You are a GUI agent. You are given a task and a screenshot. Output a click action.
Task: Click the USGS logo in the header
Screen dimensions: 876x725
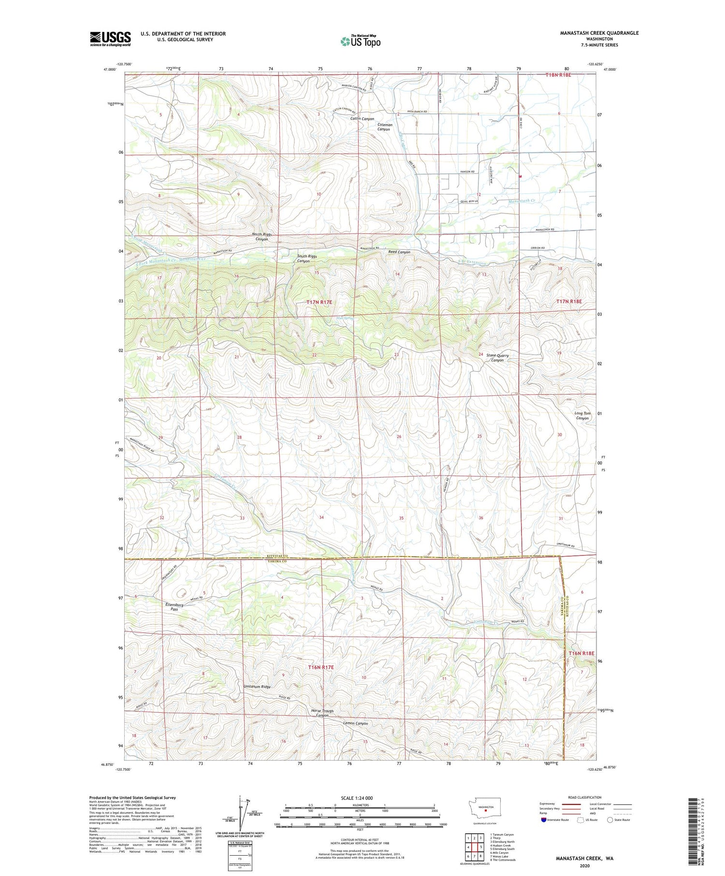click(x=110, y=39)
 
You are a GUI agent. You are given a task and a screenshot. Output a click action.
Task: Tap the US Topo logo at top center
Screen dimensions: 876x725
click(x=360, y=42)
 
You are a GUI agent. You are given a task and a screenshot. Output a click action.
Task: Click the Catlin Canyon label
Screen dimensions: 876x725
click(x=362, y=119)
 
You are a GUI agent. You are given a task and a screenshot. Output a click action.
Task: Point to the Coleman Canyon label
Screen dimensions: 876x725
click(x=384, y=127)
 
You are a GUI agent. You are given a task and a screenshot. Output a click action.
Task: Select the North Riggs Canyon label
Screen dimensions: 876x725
click(x=261, y=237)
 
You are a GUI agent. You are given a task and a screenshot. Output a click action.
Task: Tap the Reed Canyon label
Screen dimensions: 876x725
click(x=399, y=252)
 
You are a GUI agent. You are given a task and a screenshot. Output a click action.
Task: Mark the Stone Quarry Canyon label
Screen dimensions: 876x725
click(x=497, y=358)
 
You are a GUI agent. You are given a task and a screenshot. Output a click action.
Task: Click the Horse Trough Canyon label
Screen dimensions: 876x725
click(x=322, y=713)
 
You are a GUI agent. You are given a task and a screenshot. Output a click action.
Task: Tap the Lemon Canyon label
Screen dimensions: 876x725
click(x=355, y=723)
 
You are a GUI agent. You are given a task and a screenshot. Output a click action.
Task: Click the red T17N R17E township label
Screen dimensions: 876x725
click(x=319, y=302)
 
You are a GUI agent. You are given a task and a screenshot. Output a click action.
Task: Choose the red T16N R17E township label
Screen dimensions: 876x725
click(x=321, y=667)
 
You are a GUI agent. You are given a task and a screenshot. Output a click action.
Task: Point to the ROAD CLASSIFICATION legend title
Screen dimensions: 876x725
click(x=585, y=798)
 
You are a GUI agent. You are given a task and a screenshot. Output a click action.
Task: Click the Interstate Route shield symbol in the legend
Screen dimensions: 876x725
click(x=544, y=820)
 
